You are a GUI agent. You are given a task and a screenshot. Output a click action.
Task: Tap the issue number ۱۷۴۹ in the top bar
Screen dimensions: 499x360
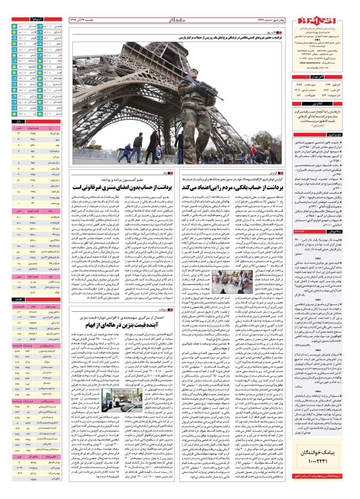click(262, 19)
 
